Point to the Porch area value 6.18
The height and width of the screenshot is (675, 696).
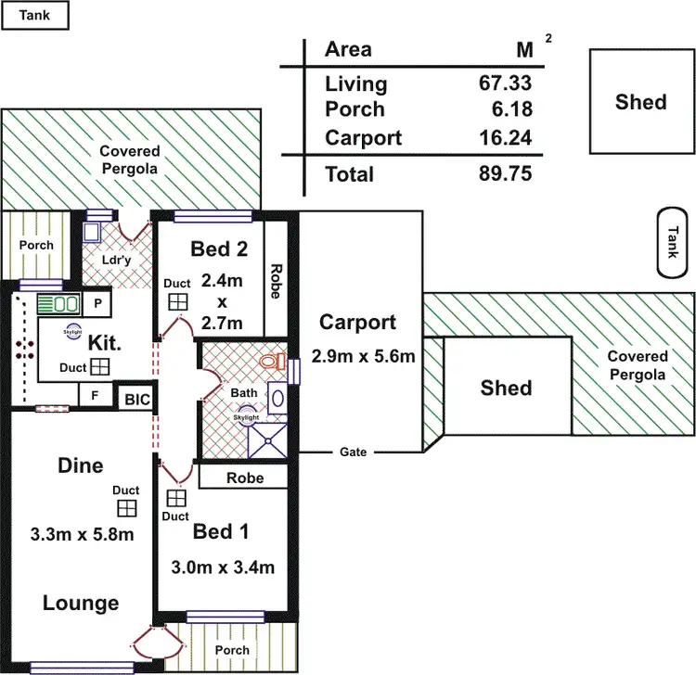[509, 109]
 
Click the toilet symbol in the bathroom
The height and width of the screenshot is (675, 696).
[272, 362]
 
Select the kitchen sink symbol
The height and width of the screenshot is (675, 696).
[58, 303]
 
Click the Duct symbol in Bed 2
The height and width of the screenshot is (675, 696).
[177, 303]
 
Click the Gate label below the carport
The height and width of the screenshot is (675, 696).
[353, 452]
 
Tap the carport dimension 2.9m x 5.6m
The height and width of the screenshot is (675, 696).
[363, 355]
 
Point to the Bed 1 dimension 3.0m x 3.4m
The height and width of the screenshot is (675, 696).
[222, 567]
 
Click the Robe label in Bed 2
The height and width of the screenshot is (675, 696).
[276, 279]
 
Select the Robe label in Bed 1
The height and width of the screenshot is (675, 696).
[245, 478]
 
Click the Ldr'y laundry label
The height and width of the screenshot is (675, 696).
[118, 261]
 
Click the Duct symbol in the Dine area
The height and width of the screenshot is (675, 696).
[126, 508]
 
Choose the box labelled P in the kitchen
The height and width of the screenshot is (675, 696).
[97, 303]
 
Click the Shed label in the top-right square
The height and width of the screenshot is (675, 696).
[640, 101]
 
